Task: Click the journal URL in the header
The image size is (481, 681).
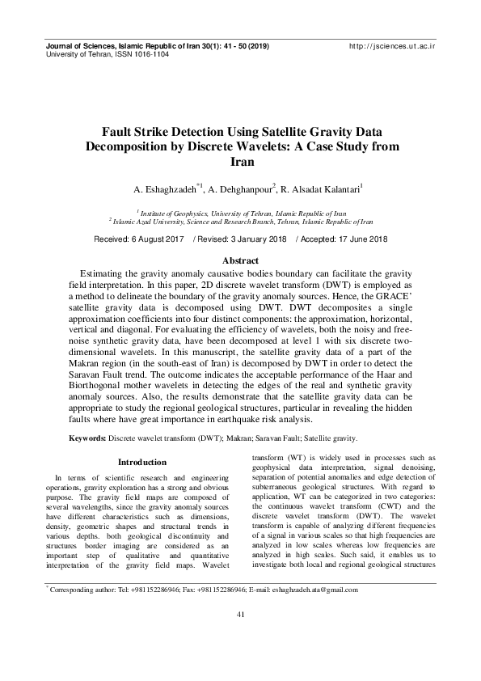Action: (392, 47)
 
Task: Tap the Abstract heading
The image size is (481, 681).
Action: (240, 260)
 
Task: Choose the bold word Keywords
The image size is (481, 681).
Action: (86, 438)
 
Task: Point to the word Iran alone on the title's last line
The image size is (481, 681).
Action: (240, 162)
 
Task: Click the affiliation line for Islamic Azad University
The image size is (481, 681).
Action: (241, 219)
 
